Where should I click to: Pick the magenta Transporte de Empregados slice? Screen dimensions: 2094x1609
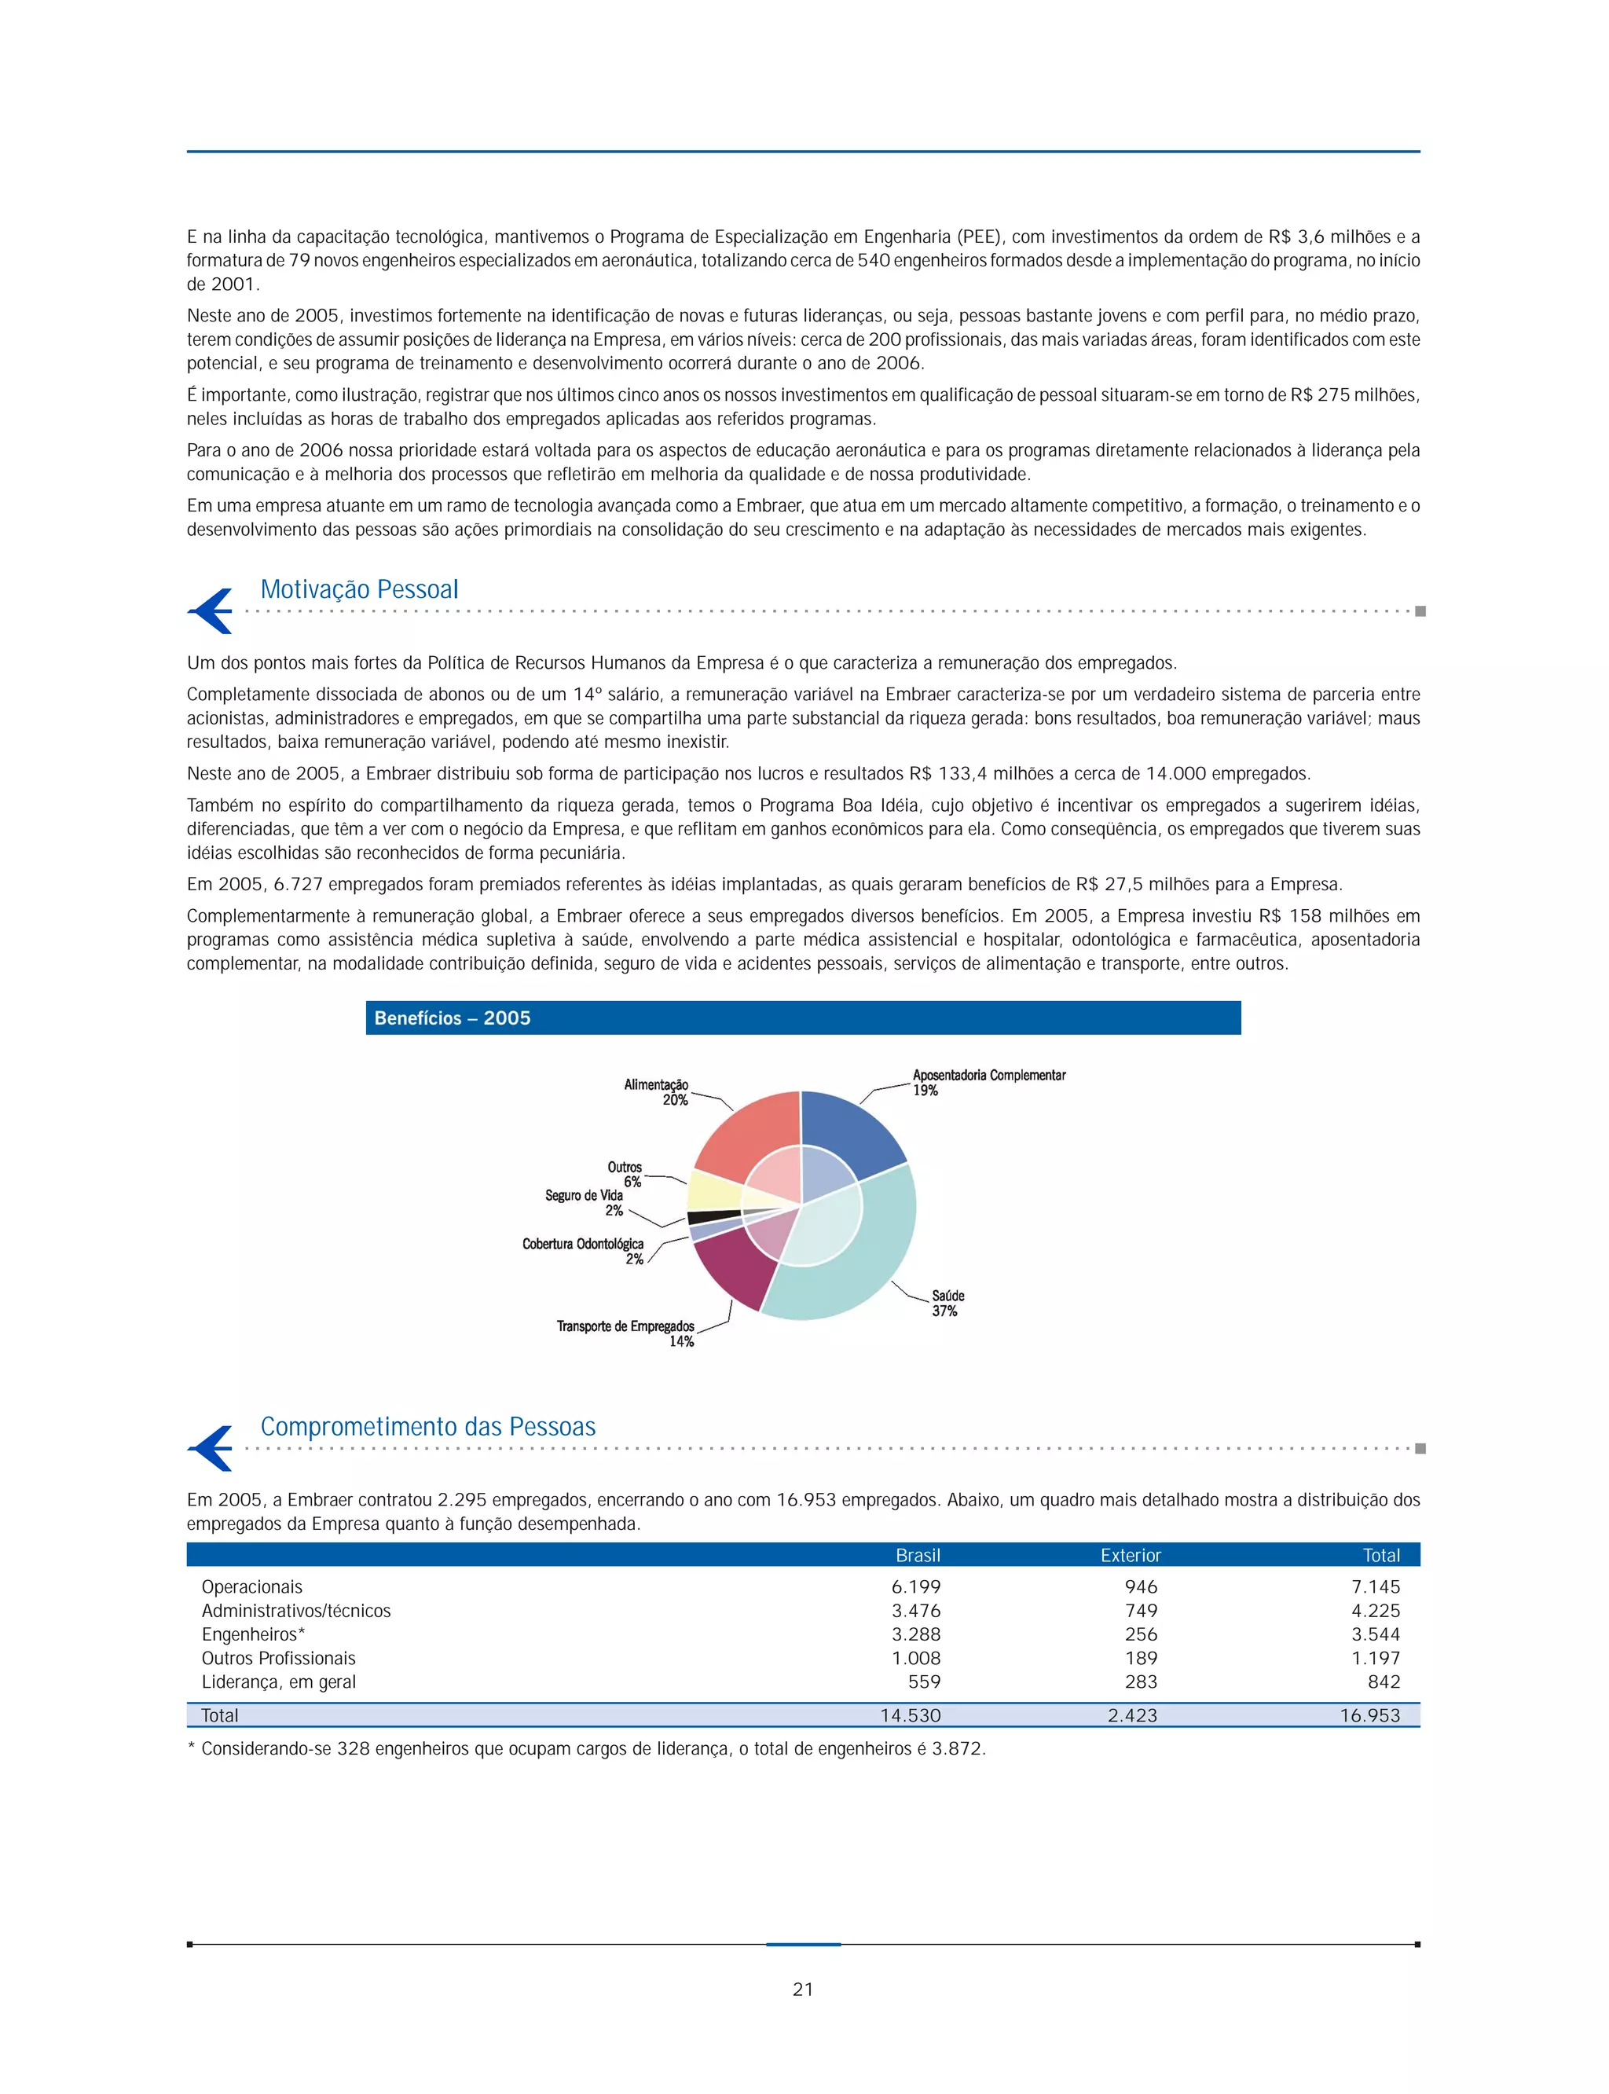pyautogui.click(x=734, y=1265)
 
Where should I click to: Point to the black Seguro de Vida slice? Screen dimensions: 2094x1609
pyautogui.click(x=713, y=1218)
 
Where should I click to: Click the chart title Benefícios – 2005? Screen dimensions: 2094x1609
pyautogui.click(x=452, y=1018)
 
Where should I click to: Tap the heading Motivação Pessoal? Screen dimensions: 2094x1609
pyautogui.click(x=359, y=589)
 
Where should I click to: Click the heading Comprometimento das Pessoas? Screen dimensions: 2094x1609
pyautogui.click(x=427, y=1426)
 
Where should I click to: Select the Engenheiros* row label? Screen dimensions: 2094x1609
pyautogui.click(x=253, y=1634)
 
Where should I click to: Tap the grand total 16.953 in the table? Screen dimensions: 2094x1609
pyautogui.click(x=1369, y=1715)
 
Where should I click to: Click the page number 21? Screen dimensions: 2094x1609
pyautogui.click(x=803, y=1989)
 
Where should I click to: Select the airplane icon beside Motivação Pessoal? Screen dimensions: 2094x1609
pyautogui.click(x=211, y=611)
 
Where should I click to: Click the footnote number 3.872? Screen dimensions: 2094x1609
pyautogui.click(x=957, y=1748)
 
